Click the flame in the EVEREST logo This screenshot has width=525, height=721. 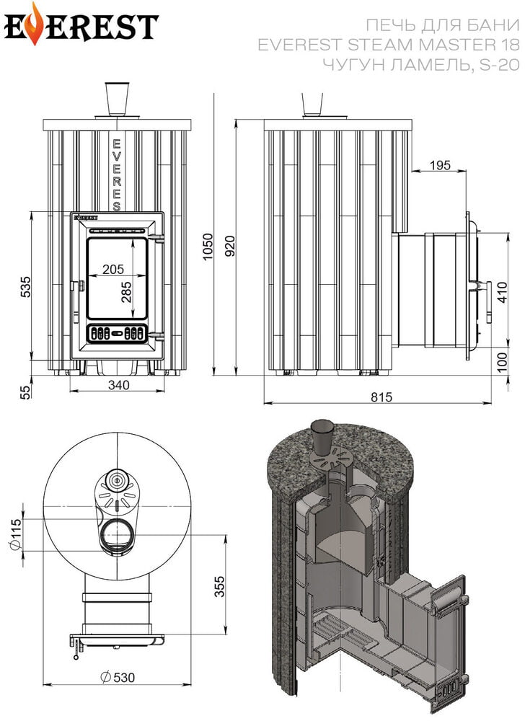pos(34,25)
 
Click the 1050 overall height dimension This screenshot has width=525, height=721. pos(208,246)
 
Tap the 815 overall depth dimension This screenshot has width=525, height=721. pos(381,397)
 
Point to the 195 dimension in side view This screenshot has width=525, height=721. pos(440,165)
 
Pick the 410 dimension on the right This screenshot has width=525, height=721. pos(503,292)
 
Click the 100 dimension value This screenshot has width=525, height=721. pos(503,361)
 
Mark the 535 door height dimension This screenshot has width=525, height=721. pos(26,286)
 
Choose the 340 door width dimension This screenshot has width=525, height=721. pos(118,385)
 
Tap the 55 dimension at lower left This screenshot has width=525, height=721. pos(26,392)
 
